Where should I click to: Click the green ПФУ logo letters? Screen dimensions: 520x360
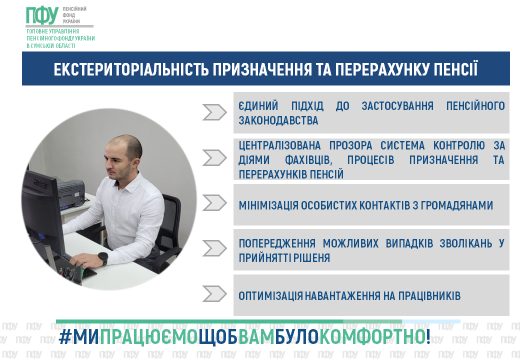click(42, 15)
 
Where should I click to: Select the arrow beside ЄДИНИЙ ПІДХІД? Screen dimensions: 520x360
click(214, 112)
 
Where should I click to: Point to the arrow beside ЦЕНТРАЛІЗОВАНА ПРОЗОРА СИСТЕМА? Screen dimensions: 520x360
click(214, 157)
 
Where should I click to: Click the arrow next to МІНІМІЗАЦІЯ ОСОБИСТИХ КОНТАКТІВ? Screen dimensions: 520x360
click(214, 202)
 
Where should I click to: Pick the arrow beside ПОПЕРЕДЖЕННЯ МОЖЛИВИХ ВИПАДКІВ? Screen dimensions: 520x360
click(214, 248)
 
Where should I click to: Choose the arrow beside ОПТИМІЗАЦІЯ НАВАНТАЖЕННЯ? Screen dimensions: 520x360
click(214, 293)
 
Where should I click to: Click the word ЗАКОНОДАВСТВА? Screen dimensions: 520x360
click(278, 120)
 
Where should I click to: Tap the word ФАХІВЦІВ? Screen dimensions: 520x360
click(308, 160)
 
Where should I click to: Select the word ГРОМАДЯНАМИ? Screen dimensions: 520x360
click(457, 205)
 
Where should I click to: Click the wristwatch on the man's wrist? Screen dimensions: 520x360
click(103, 258)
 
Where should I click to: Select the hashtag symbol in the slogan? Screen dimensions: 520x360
click(65, 336)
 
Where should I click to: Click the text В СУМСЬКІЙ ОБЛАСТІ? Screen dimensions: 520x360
click(50, 45)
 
